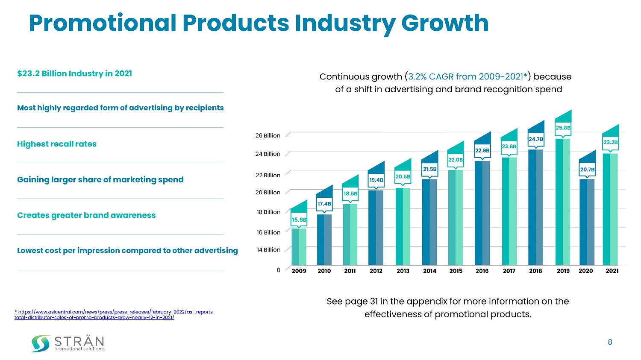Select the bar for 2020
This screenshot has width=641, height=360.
(x=587, y=222)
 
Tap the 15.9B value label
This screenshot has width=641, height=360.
(x=299, y=220)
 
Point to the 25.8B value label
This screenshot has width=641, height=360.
(x=563, y=128)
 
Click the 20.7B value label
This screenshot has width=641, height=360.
(x=587, y=170)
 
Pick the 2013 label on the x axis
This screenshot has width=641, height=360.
(x=403, y=271)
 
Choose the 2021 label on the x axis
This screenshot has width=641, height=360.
(x=612, y=271)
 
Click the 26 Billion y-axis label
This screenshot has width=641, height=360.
(x=268, y=135)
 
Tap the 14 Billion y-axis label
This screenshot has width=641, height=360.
(x=268, y=250)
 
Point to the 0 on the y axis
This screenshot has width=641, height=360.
(x=278, y=270)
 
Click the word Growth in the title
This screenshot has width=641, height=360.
(x=445, y=23)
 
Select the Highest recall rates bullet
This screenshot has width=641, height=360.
(x=57, y=144)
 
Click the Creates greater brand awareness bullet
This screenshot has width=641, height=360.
(x=86, y=215)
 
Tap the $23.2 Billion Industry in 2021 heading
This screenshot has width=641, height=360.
(x=74, y=73)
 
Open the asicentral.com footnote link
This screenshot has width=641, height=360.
(x=115, y=315)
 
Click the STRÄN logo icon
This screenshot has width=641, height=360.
(x=41, y=343)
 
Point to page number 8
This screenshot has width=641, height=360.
(x=610, y=342)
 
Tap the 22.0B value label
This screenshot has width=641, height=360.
(x=456, y=160)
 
